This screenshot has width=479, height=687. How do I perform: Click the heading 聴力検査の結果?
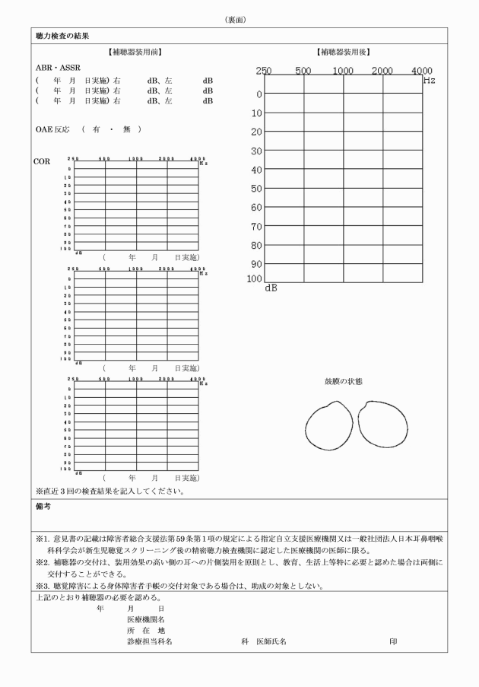pyautogui.click(x=63, y=36)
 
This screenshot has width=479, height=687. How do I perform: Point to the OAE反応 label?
pyautogui.click(x=52, y=129)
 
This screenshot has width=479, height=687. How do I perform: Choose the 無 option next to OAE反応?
pyautogui.click(x=126, y=129)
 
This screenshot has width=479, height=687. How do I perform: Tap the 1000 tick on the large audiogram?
pyautogui.click(x=343, y=71)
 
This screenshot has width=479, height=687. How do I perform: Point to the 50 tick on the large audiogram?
pyautogui.click(x=258, y=189)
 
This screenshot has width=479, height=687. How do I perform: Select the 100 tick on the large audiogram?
pyautogui.click(x=255, y=278)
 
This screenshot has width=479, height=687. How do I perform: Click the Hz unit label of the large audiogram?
pyautogui.click(x=430, y=79)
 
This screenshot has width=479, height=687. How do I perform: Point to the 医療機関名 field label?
pyautogui.click(x=146, y=619)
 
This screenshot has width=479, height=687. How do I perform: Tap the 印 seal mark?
pyautogui.click(x=393, y=641)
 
